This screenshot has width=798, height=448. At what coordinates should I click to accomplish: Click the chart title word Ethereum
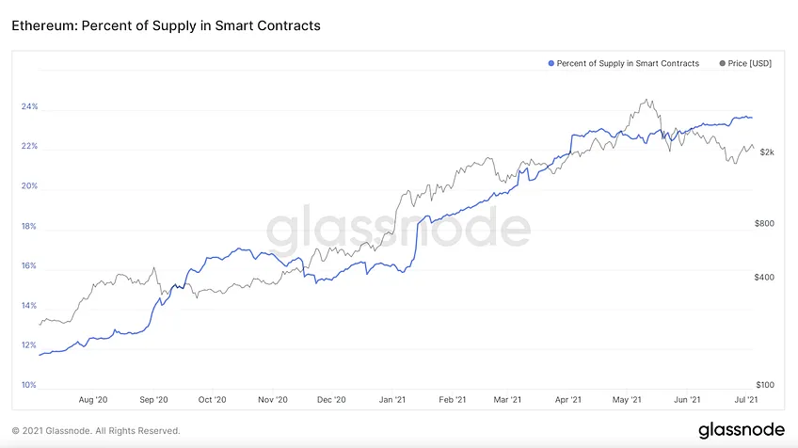[x=44, y=25]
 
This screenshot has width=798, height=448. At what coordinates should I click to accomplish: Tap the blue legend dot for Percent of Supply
[x=551, y=63]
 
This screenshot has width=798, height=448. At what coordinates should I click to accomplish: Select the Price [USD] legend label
[x=750, y=63]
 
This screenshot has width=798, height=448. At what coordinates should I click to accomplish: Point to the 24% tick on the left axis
[x=29, y=106]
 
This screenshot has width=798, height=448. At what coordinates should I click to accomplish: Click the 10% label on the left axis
[x=29, y=385]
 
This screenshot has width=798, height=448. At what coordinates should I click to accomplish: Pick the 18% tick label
[x=29, y=226]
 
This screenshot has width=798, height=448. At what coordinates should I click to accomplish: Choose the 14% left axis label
[x=29, y=306]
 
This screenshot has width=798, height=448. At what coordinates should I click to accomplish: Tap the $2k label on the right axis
[x=767, y=152]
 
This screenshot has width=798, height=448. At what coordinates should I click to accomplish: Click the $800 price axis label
[x=764, y=223]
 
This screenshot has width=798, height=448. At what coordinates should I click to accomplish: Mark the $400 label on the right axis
[x=764, y=278]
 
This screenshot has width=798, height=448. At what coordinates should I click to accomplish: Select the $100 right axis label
[x=765, y=385]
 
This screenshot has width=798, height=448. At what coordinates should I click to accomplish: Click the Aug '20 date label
[x=93, y=400]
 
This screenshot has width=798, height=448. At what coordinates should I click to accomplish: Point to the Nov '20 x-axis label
[x=273, y=400]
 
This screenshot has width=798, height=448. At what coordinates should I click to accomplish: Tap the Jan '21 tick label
[x=392, y=400]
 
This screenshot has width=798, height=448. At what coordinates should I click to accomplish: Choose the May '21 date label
[x=627, y=400]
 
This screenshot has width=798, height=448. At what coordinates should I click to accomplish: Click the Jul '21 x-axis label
[x=746, y=400]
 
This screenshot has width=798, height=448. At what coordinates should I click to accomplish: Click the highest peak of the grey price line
[x=646, y=100]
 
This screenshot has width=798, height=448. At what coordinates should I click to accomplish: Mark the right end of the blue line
[x=752, y=118]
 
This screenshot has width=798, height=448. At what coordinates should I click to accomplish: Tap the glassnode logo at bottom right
[x=742, y=430]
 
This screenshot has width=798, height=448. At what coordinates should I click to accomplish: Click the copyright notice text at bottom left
[x=96, y=431]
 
